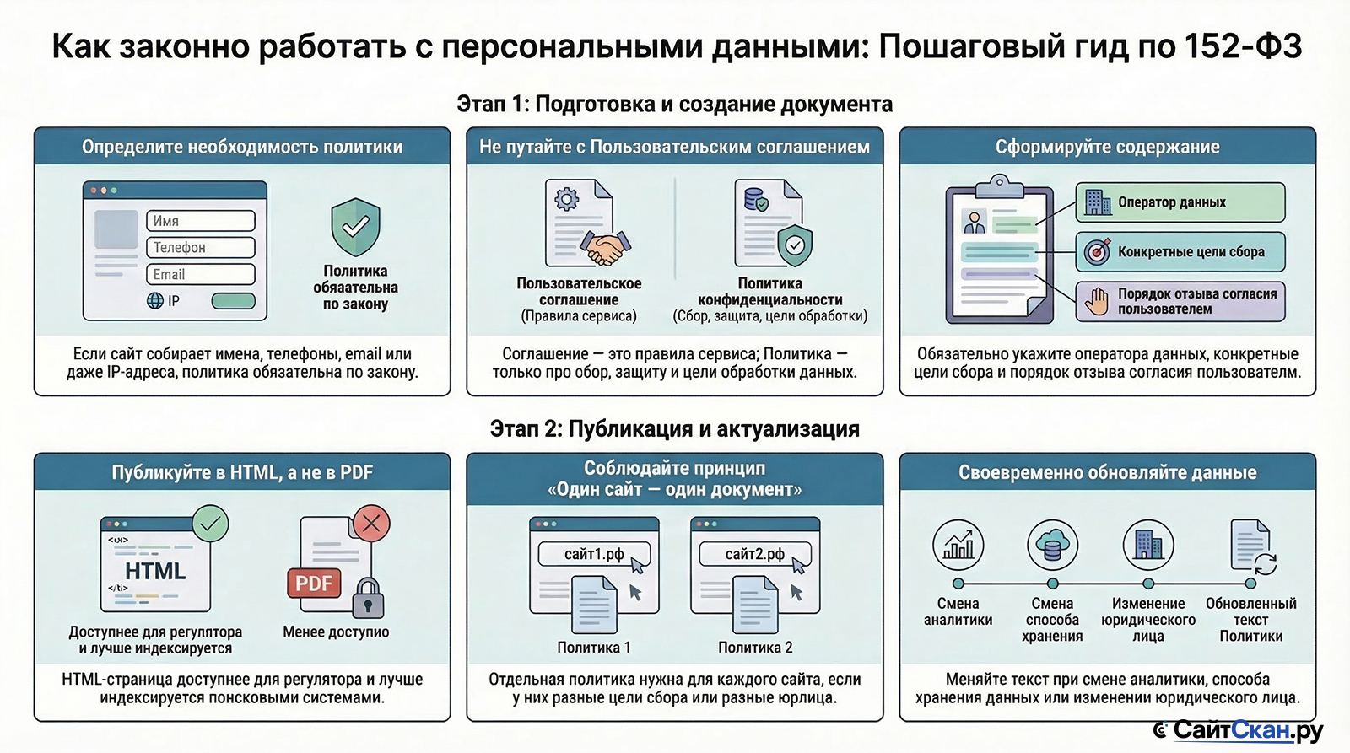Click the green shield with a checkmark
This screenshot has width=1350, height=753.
coord(355,227)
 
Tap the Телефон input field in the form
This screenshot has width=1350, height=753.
coord(201,248)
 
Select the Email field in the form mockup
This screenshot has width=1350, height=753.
coord(201,275)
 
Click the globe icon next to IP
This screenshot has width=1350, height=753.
coord(155,300)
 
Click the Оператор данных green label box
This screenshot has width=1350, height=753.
coord(1180,202)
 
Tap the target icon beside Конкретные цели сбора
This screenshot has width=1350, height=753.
coord(1097,252)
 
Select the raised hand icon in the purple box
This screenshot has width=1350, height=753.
coord(1097,301)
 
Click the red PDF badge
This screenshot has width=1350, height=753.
coord(314,584)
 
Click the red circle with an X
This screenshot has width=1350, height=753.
coord(371,523)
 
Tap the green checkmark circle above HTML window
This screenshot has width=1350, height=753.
coord(210,523)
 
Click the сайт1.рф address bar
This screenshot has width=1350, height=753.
coord(594,554)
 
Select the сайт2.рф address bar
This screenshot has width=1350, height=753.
coord(755,554)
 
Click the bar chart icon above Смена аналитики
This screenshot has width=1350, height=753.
coord(958,546)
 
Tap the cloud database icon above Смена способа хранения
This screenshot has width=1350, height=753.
coord(1052,546)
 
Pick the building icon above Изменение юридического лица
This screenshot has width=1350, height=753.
coord(1148,546)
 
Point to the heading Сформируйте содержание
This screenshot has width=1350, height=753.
coord(1108,147)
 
